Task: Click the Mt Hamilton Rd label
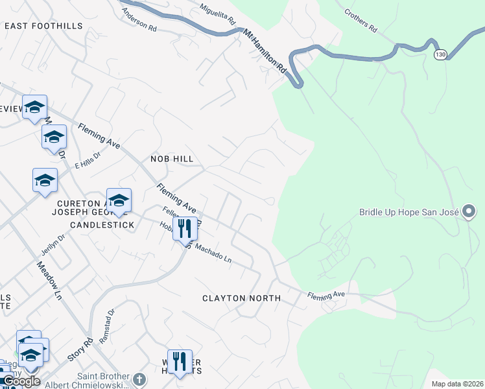point(265,49)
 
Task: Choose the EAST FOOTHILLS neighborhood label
point(43,25)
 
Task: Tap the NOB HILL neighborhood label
point(172,158)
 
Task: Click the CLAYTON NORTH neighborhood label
point(241,298)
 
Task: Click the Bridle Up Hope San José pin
point(469,211)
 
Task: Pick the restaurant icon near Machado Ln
point(185,228)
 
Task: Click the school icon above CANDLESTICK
point(119,201)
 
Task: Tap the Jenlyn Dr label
point(53,245)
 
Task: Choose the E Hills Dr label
point(88,160)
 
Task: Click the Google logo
point(21,381)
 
